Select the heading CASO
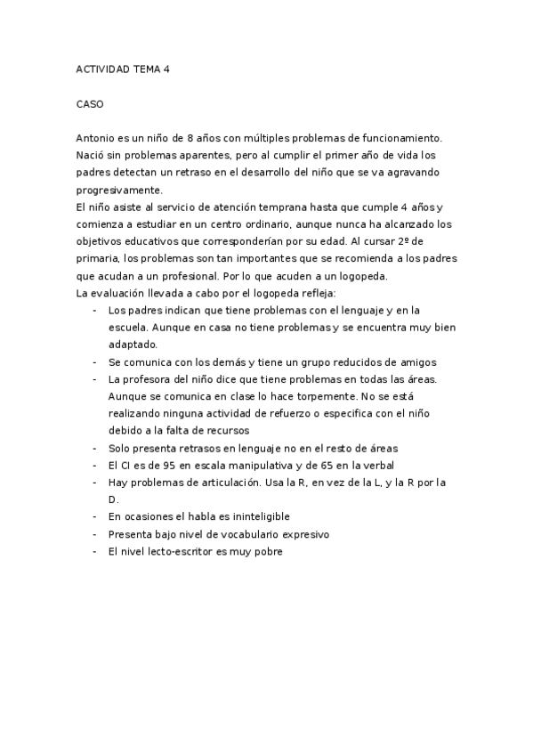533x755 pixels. (x=90, y=105)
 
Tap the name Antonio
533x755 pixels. (x=95, y=138)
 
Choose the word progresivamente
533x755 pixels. (x=120, y=190)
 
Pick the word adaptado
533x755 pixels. (x=132, y=345)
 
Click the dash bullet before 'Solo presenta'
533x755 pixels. (x=94, y=449)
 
